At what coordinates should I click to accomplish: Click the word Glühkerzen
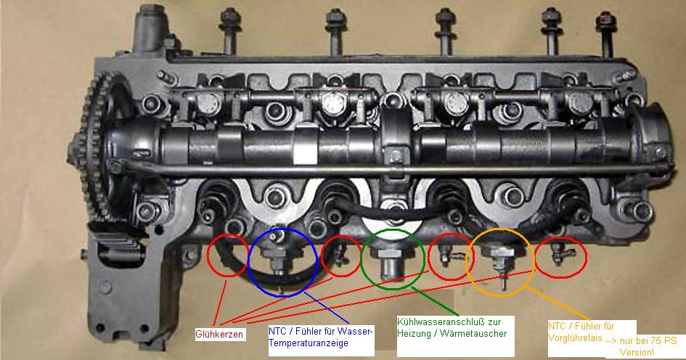click(219, 335)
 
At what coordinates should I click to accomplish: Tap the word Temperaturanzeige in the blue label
click(309, 343)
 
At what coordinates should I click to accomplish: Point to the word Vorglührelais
click(575, 338)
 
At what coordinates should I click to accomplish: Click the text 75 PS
click(661, 340)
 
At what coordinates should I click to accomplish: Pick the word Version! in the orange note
click(637, 352)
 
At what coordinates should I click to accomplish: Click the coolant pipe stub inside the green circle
click(390, 266)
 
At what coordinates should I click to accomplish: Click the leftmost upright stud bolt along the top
click(229, 30)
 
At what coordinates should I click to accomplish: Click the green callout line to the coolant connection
click(436, 302)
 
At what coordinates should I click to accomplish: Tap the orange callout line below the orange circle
click(558, 303)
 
